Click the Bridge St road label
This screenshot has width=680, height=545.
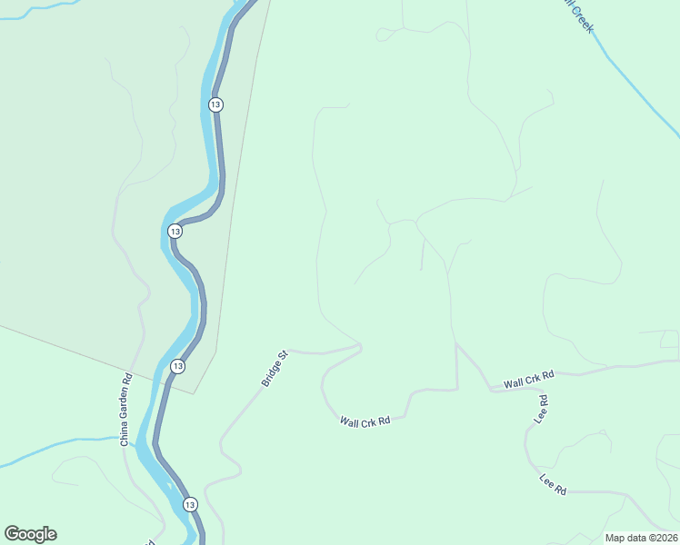(275, 369)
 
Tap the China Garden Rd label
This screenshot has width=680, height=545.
(126, 410)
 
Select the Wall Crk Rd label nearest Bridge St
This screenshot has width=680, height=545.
(365, 421)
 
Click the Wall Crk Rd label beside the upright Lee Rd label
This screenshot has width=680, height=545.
(529, 381)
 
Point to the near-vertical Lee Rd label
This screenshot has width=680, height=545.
(542, 409)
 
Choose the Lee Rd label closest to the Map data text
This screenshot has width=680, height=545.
(553, 484)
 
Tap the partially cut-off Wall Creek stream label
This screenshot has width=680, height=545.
(579, 16)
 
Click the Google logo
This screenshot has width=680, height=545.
(30, 534)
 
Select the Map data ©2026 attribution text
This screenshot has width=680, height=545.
(641, 538)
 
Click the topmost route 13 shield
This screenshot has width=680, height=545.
(215, 104)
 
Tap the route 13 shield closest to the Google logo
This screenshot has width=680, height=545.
(189, 504)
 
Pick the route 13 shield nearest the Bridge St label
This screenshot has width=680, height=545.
(177, 366)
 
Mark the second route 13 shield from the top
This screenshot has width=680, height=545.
(175, 232)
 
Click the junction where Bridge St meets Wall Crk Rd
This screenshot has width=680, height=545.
(360, 346)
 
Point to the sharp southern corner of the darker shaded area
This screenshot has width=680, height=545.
(195, 393)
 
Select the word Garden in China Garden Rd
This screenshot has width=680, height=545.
(126, 411)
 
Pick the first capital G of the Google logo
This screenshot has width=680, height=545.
(12, 534)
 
